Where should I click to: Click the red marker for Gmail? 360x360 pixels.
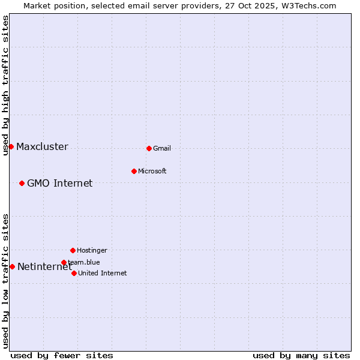[x=149, y=148]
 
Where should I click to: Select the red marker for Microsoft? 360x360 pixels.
[x=134, y=171]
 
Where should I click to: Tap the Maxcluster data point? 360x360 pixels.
[x=11, y=146]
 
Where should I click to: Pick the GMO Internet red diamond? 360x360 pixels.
[x=22, y=183]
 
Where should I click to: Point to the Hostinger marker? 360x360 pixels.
[x=73, y=250]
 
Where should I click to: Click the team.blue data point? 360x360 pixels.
[x=64, y=262]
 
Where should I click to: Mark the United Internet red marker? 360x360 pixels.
[x=74, y=273]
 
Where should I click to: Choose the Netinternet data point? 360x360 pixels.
[x=12, y=266]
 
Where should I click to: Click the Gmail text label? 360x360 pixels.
[x=162, y=148]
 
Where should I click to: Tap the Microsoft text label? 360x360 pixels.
[x=152, y=171]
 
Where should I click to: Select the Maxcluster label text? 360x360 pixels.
[x=42, y=147]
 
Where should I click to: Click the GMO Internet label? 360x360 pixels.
[x=59, y=184]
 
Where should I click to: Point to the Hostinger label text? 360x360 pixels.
[x=92, y=250]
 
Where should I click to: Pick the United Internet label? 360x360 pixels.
[x=102, y=273]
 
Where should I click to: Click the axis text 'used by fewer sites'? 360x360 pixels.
[x=62, y=355]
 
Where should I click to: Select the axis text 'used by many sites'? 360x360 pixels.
[x=301, y=355]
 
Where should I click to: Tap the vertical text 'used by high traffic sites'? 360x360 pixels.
[x=5, y=85]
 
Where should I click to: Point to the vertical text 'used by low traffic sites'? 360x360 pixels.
[x=5, y=281]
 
